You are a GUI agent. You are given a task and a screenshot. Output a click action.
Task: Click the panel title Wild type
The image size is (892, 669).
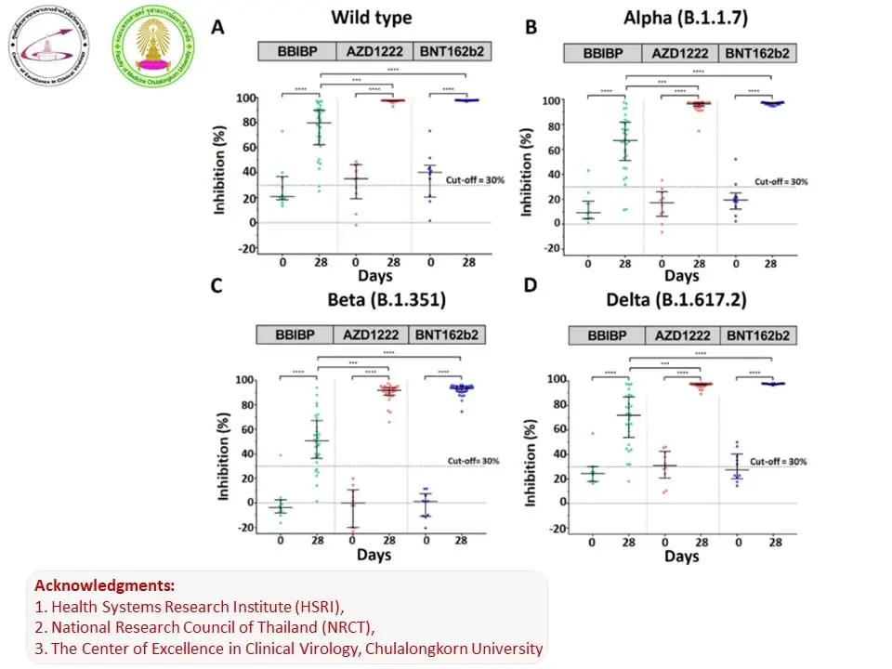[372, 18]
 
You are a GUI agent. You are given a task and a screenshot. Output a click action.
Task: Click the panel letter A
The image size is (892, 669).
[217, 27]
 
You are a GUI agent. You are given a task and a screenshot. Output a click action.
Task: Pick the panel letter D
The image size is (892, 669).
[530, 284]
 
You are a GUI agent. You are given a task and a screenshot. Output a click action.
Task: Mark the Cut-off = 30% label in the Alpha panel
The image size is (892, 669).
[781, 182]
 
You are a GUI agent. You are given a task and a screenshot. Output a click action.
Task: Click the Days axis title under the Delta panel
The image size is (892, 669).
[682, 556]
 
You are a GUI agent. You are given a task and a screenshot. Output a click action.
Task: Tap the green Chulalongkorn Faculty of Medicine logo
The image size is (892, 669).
[153, 45]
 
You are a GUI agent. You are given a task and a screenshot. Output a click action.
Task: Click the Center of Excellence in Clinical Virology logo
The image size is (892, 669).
[48, 46]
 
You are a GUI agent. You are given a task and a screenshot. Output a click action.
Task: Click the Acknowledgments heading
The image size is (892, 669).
[104, 586]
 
